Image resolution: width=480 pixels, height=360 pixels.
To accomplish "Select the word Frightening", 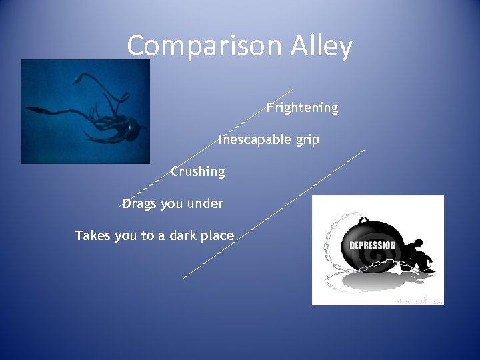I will point(303,107).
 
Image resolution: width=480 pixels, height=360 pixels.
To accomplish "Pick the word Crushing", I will point(198,171).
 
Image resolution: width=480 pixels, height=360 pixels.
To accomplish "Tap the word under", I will point(205,203).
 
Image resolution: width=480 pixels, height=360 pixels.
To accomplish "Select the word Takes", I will point(93,235).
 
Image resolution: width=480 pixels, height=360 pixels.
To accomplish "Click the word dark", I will point(185,235).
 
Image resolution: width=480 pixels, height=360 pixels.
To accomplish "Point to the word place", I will point(219,235).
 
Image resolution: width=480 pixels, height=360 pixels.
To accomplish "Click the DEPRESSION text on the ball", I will point(373,245).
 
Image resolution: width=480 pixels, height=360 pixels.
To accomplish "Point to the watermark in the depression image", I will point(419,299).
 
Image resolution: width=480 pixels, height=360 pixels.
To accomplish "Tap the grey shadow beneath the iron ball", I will point(373,283).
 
